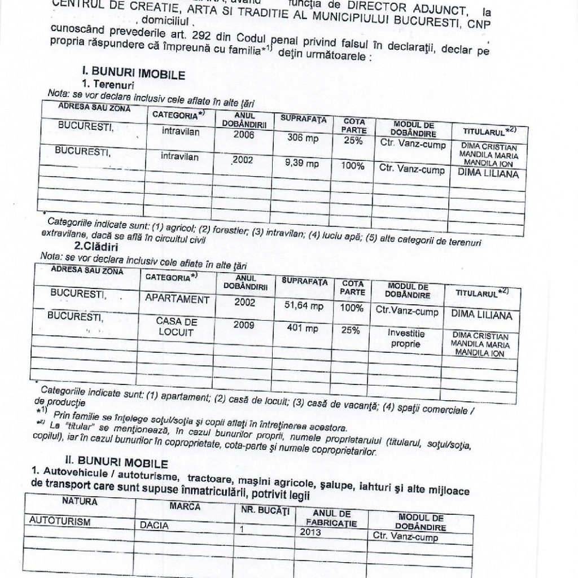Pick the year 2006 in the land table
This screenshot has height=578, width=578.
(x=244, y=135)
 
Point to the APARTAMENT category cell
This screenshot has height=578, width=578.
(x=177, y=299)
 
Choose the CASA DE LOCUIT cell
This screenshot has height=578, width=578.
(x=176, y=327)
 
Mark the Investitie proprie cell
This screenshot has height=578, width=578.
(x=405, y=338)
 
